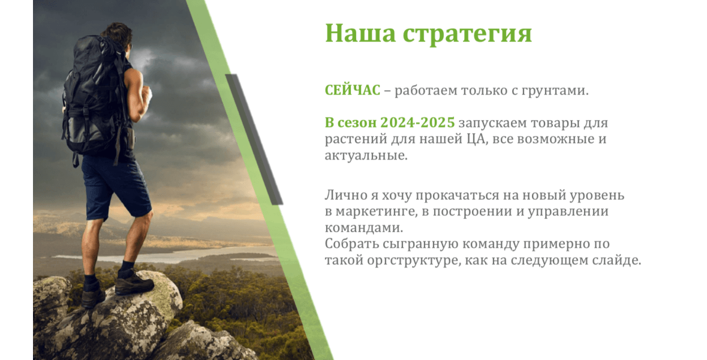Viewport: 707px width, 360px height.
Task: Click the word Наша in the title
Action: (x=360, y=33)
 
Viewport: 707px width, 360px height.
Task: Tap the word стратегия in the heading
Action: (x=467, y=35)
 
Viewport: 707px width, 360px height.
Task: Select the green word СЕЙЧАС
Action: (x=353, y=90)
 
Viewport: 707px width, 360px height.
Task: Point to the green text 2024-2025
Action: (x=417, y=123)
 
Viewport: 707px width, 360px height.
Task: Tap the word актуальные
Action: (x=366, y=155)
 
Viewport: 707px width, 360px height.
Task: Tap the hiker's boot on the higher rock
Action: (x=134, y=283)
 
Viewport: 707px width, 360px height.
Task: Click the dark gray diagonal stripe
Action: (x=254, y=139)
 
